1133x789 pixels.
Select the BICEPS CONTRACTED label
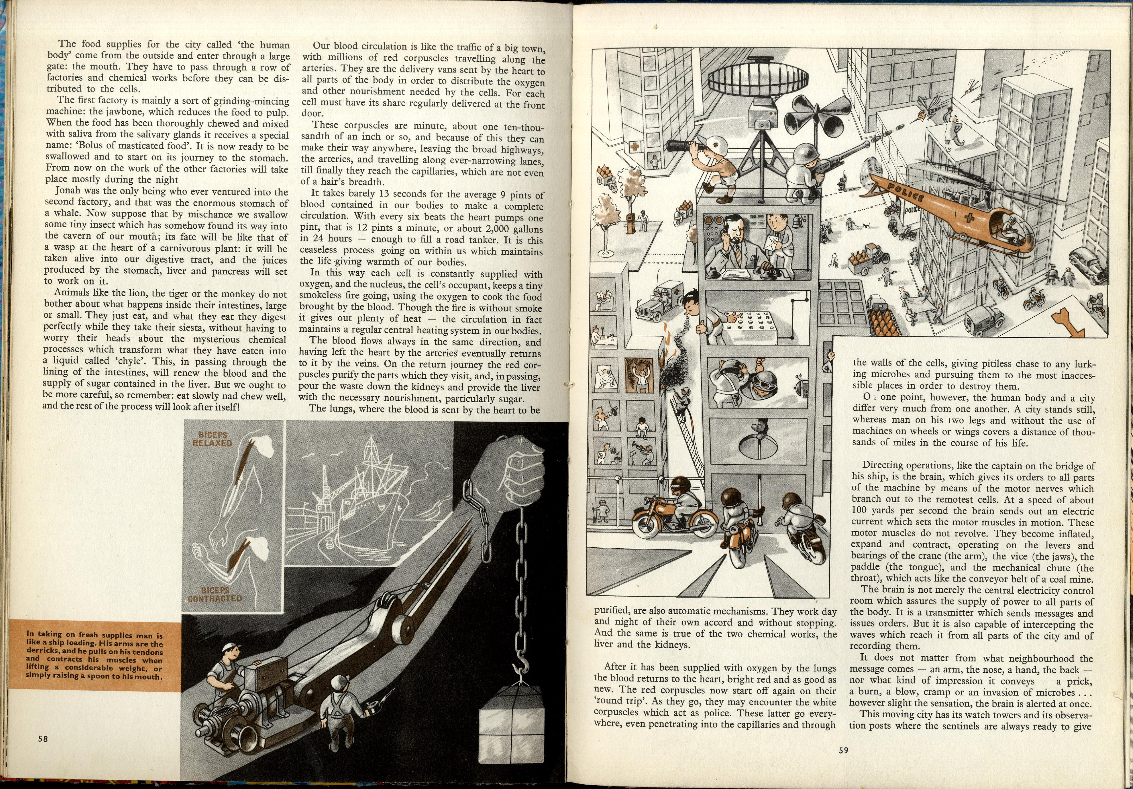[x=215, y=594]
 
